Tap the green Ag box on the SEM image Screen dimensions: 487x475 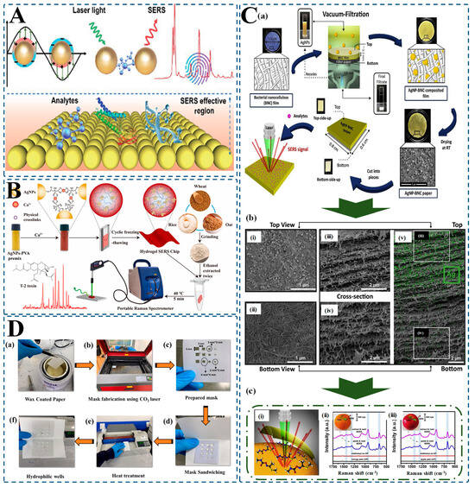click(447, 275)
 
